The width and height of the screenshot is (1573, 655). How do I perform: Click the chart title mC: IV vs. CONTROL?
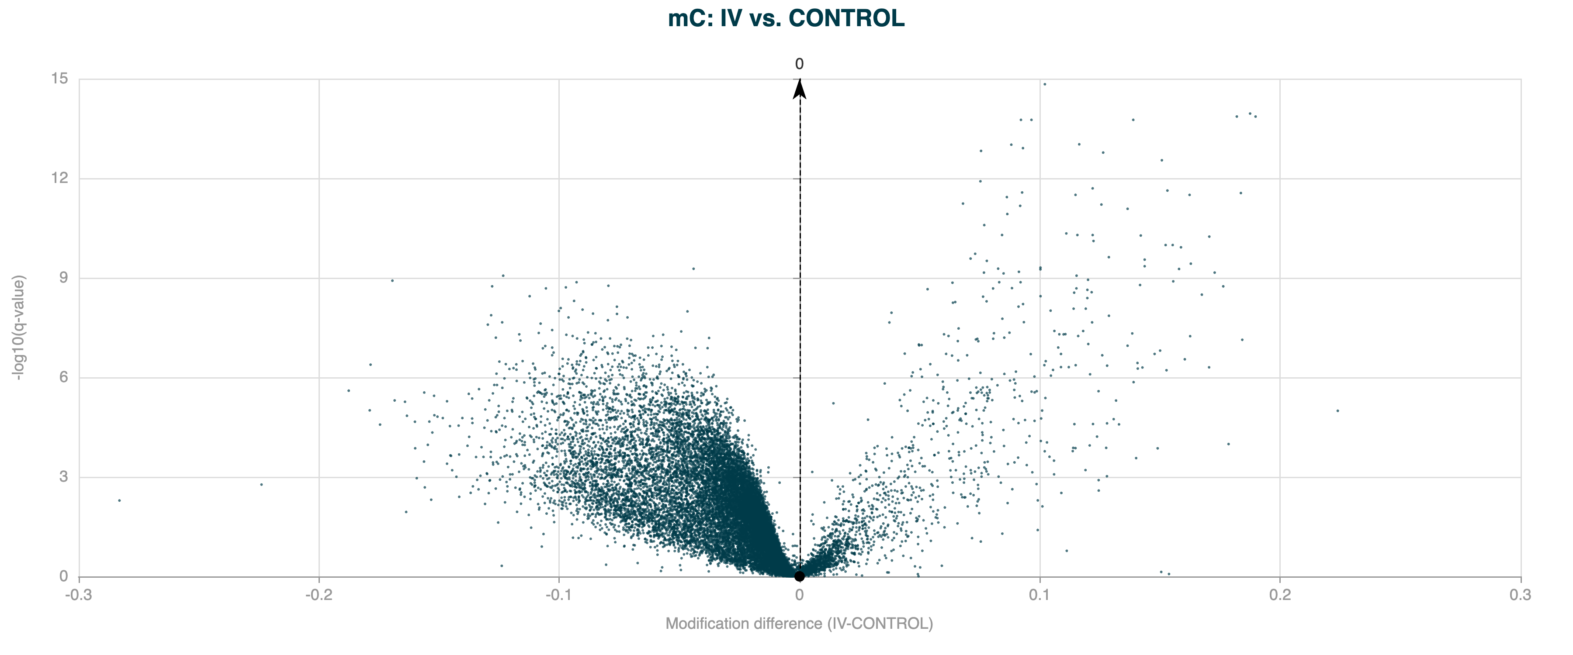tap(786, 18)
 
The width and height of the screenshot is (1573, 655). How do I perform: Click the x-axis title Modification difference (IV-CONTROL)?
tap(799, 623)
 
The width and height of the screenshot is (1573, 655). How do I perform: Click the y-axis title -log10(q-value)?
tap(20, 328)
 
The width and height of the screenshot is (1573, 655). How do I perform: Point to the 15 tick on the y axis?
tap(59, 79)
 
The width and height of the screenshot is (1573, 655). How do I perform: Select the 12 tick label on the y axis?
tap(59, 178)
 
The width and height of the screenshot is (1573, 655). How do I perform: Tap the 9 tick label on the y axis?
tap(63, 278)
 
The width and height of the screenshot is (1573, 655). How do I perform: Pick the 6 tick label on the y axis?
tap(63, 377)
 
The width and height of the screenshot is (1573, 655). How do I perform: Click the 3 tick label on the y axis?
tap(63, 477)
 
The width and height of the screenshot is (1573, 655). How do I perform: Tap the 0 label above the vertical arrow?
tap(799, 64)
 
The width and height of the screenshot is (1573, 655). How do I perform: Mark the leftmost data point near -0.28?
tap(120, 500)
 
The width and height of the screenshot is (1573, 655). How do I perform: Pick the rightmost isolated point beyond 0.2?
tap(1337, 411)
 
